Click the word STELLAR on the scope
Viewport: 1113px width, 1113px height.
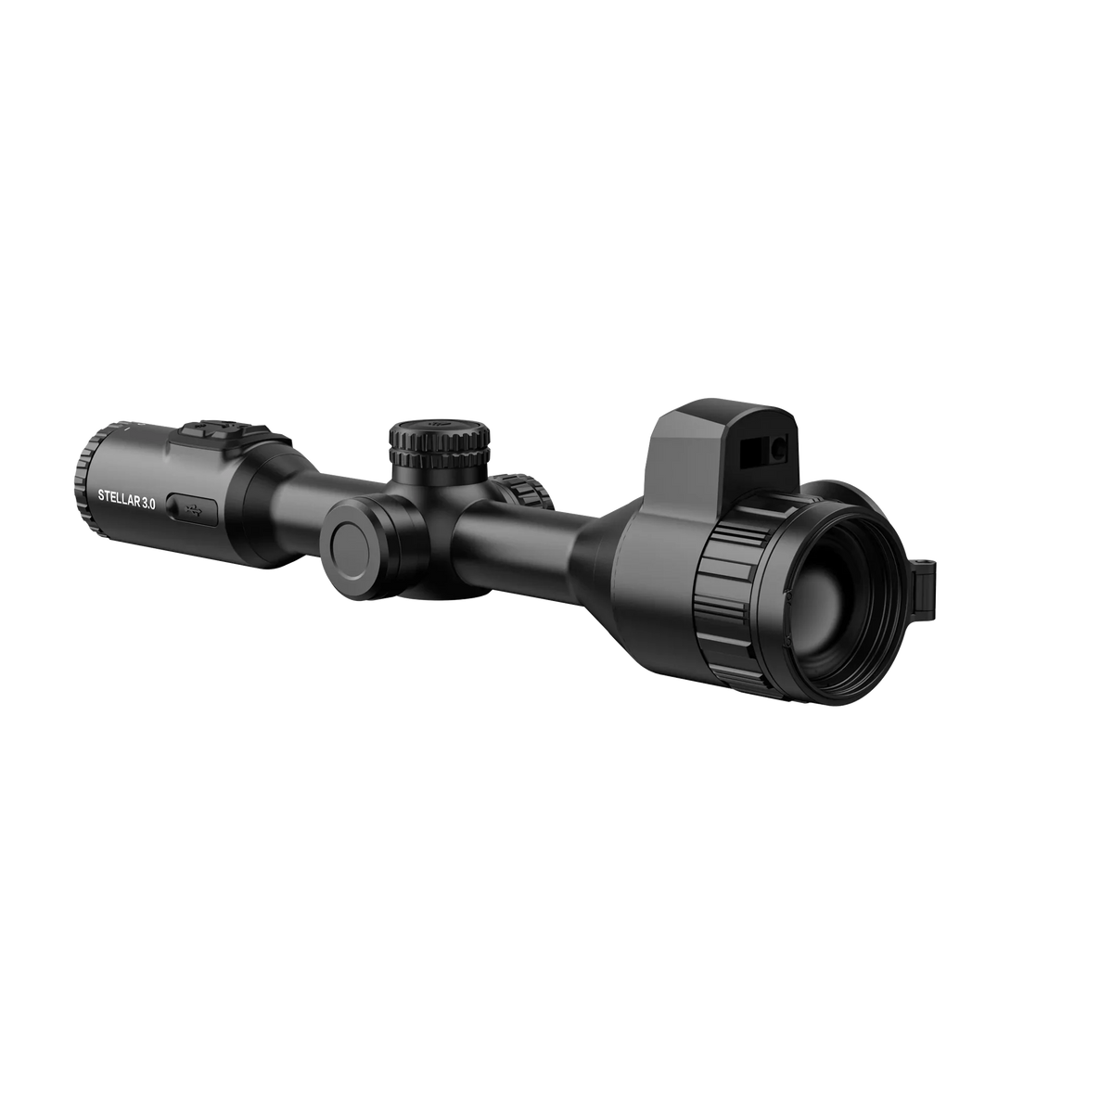coord(118,498)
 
